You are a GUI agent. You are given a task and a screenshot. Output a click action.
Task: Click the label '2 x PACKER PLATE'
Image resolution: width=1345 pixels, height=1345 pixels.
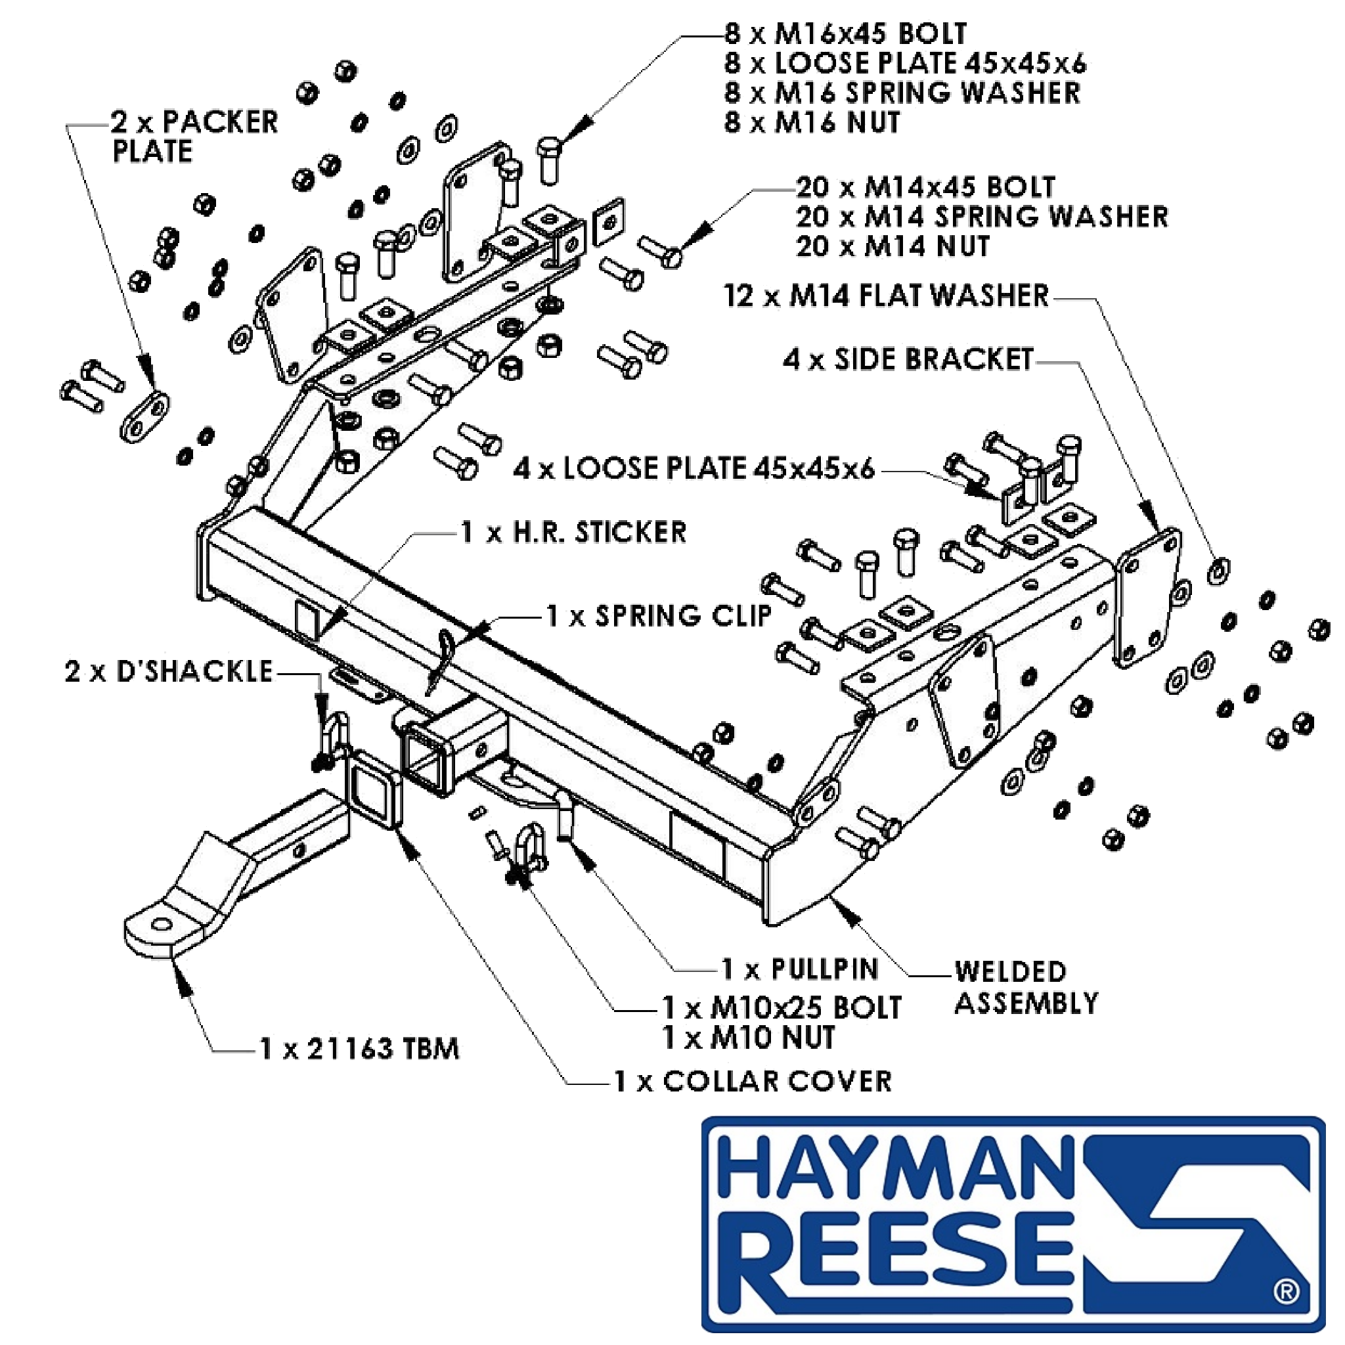[x=195, y=137]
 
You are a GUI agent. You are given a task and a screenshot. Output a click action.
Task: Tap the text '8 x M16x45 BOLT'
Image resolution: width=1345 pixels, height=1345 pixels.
[x=846, y=33]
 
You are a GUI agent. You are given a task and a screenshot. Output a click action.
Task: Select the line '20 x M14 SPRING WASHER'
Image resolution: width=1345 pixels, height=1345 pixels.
[x=982, y=217]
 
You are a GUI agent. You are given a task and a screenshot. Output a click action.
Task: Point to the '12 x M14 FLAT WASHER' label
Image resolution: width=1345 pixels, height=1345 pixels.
[x=886, y=296]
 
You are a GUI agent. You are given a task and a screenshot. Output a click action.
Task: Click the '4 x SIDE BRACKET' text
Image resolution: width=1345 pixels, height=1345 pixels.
[x=908, y=360]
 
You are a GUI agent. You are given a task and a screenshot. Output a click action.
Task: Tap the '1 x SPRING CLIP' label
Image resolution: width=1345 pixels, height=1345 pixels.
[x=659, y=616]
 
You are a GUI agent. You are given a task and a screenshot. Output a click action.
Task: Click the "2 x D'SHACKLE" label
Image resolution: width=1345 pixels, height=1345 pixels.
[x=169, y=672]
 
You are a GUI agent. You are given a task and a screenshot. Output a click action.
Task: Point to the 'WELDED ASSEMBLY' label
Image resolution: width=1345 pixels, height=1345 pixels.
[x=1026, y=988]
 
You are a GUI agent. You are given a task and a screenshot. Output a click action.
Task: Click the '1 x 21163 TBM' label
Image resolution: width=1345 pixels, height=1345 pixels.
[x=359, y=1048]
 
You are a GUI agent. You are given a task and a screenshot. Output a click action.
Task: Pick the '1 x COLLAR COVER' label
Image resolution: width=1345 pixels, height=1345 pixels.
[x=753, y=1081]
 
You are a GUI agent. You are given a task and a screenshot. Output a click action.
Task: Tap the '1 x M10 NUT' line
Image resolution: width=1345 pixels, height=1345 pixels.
[x=749, y=1038]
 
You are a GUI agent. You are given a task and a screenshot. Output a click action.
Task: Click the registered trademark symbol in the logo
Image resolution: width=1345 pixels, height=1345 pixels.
[x=1286, y=1292]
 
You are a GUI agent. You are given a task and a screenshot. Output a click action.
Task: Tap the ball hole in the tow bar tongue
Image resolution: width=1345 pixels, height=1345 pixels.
[x=162, y=925]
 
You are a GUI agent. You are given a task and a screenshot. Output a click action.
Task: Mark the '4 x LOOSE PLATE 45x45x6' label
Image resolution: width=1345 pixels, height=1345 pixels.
[x=694, y=468]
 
